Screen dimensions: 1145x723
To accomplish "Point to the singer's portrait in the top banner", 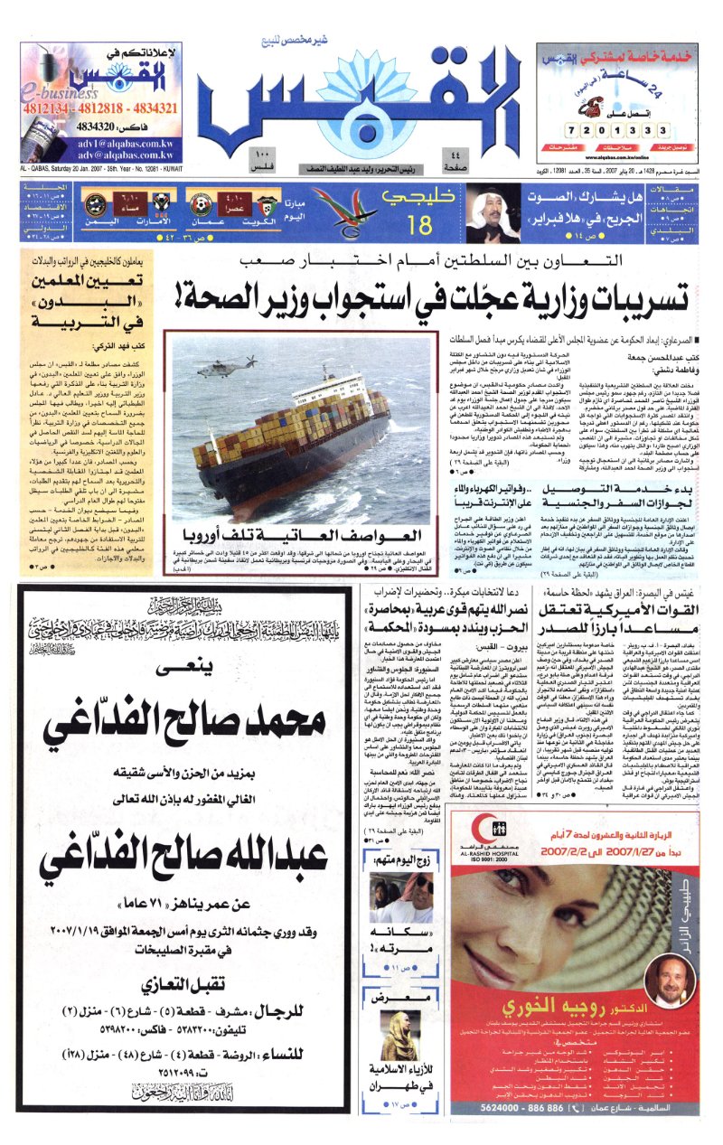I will (x=492, y=211).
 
